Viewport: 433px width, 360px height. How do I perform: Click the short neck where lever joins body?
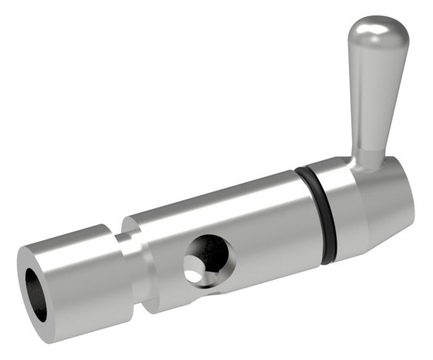point(368,157)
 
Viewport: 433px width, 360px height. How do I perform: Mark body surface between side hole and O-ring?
point(262,231)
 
